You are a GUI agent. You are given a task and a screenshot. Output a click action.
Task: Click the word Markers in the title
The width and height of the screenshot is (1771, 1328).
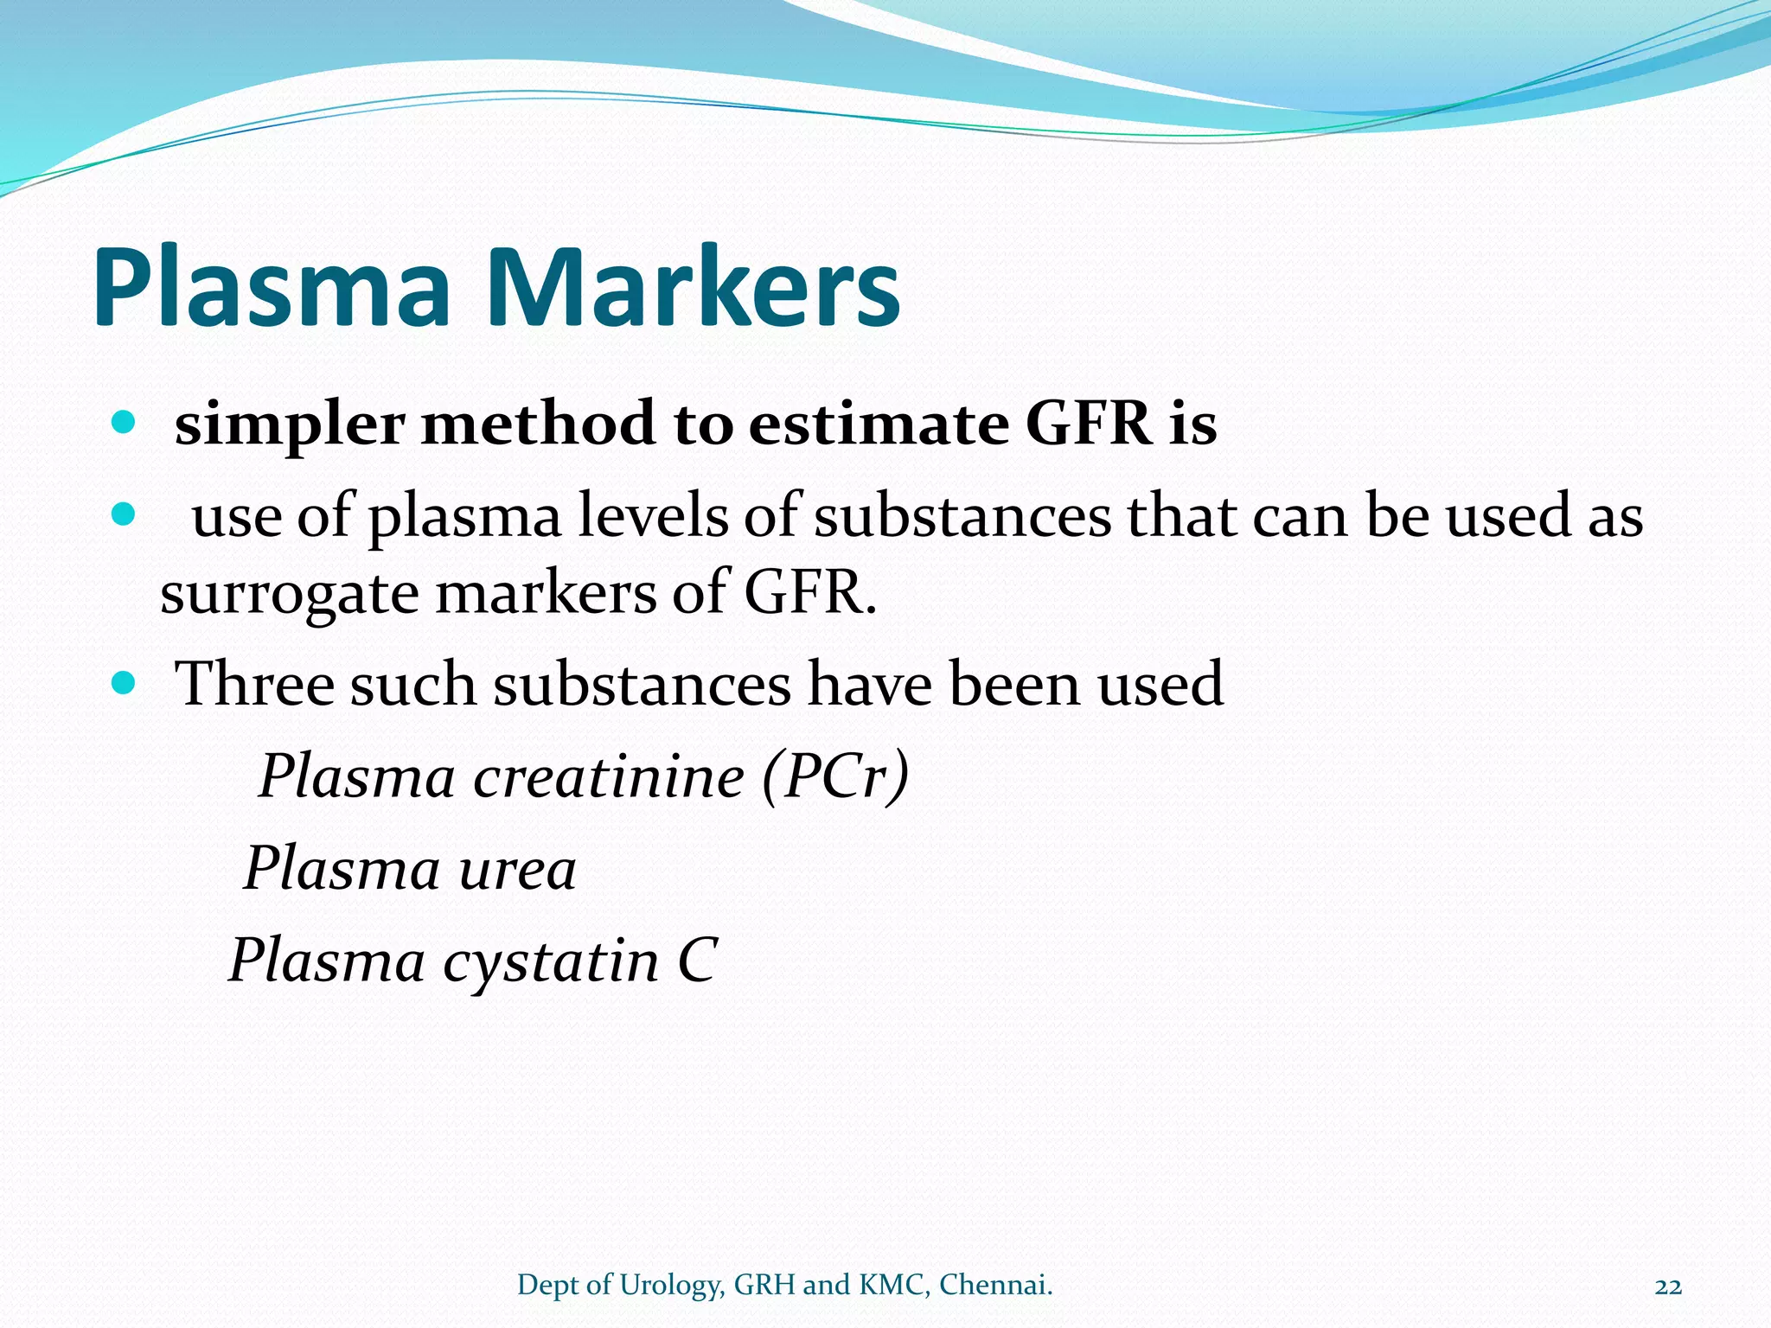694,288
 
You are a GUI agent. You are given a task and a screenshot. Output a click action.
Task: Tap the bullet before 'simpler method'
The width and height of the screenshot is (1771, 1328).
125,423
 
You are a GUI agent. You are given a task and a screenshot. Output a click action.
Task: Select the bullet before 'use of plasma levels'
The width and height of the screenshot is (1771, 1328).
125,514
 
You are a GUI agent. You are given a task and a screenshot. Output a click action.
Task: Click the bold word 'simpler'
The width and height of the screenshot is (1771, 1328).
290,425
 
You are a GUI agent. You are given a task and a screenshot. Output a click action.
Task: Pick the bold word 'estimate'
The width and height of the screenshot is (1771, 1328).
878,425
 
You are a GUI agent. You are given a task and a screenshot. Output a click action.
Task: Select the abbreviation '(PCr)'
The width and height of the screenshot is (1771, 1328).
835,776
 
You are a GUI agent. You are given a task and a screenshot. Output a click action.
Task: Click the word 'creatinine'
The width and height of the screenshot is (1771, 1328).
609,776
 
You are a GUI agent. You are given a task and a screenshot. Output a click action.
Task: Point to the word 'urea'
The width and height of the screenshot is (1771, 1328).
517,869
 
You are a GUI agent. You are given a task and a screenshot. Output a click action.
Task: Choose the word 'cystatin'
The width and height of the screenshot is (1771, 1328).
551,961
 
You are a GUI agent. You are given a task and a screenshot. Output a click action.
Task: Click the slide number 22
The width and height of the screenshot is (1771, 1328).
1668,1286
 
